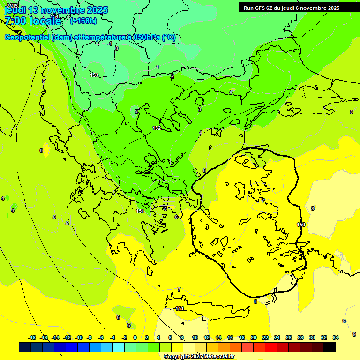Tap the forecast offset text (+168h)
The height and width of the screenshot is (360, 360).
pos(83,21)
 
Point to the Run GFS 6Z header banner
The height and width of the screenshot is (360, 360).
pos(292,7)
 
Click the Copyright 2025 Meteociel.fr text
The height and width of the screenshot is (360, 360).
pos(199,356)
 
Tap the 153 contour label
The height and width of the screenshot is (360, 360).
pos(94,75)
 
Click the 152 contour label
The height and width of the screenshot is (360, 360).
pos(157,128)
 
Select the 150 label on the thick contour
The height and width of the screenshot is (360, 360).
pos(300,225)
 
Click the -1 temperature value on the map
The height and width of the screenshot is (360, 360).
pos(110,44)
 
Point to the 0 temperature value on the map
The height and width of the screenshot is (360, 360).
pos(117,48)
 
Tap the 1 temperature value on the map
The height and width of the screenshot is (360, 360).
pos(157,67)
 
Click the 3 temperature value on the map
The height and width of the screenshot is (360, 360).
pos(200,109)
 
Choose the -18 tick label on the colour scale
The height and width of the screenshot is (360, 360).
pos(32,337)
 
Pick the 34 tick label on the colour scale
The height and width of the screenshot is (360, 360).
pos(336,337)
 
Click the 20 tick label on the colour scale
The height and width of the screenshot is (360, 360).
pos(254,337)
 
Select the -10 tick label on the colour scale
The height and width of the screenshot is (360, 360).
pos(79,337)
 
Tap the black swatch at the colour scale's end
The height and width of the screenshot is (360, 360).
pos(330,347)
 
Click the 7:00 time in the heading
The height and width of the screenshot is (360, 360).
pos(15,21)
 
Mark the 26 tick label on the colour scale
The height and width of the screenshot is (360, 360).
pos(289,337)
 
